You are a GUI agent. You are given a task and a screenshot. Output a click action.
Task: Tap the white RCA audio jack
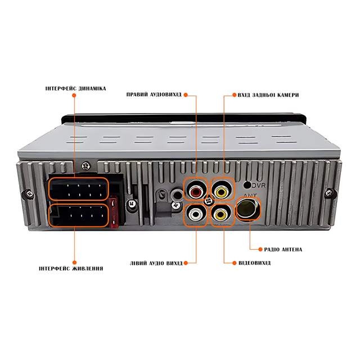(x=196, y=215)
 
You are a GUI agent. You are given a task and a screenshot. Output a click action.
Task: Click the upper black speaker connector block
(x=78, y=189)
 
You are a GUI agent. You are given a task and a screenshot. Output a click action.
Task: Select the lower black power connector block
(x=78, y=215)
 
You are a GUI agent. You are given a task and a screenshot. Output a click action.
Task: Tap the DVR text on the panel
(x=259, y=185)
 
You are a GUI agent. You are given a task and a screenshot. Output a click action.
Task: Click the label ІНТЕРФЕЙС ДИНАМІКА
(x=75, y=89)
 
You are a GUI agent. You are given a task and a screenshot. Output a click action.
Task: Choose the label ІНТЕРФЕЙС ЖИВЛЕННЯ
(x=71, y=268)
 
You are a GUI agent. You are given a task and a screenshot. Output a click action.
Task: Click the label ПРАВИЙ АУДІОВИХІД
(x=154, y=94)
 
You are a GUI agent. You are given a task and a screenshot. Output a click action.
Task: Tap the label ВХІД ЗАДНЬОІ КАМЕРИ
(x=268, y=95)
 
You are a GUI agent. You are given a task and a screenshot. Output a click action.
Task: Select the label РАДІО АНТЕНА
(x=283, y=249)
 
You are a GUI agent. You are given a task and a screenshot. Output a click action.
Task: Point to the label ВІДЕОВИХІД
(x=255, y=263)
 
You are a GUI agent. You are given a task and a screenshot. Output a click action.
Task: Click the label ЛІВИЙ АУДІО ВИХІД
(x=156, y=263)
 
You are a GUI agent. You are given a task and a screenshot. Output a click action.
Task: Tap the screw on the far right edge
(x=330, y=193)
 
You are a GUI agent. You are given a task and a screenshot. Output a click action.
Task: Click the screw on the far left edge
(x=29, y=194)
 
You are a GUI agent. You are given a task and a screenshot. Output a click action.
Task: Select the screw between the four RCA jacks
(x=209, y=201)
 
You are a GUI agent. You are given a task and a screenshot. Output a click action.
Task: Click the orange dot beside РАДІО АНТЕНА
(x=260, y=249)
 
